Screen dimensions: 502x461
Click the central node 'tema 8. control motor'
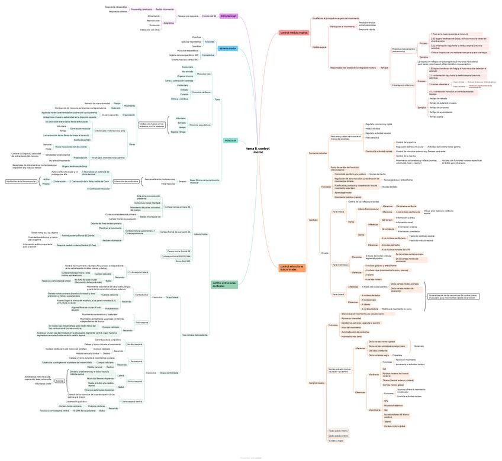(x=258, y=150)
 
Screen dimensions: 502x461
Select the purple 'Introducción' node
(x=229, y=16)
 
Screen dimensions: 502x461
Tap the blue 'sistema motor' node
(x=227, y=48)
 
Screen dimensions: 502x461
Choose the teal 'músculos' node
(x=230, y=140)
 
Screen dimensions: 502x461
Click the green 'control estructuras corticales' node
(x=224, y=285)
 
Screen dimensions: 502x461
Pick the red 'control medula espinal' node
(x=294, y=33)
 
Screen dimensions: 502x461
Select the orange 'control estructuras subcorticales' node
(x=292, y=268)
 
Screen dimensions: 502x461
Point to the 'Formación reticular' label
(x=318, y=153)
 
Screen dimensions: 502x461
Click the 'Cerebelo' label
(x=313, y=220)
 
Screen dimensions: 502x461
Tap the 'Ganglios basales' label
(x=317, y=382)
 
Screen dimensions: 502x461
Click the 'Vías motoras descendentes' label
(x=195, y=335)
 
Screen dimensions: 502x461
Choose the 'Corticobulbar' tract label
(x=142, y=295)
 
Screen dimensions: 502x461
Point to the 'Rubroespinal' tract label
(x=143, y=323)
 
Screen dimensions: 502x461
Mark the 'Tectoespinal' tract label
(x=136, y=361)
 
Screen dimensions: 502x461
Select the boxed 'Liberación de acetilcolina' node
(x=127, y=181)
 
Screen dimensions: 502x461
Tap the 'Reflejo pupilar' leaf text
(x=436, y=117)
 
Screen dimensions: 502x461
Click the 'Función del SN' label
(x=209, y=16)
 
